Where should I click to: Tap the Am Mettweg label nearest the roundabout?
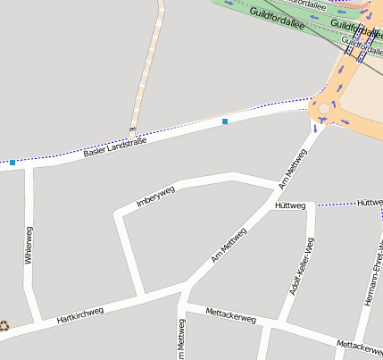[x=293, y=168]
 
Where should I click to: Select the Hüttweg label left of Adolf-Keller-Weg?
[x=290, y=205]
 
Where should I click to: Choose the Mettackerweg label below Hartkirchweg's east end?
[x=230, y=315]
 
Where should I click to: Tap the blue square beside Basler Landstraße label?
[x=225, y=121]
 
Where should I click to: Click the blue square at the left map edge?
[x=12, y=163]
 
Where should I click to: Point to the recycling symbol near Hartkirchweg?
[x=4, y=326]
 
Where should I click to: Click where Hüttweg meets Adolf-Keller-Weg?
[x=311, y=205]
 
